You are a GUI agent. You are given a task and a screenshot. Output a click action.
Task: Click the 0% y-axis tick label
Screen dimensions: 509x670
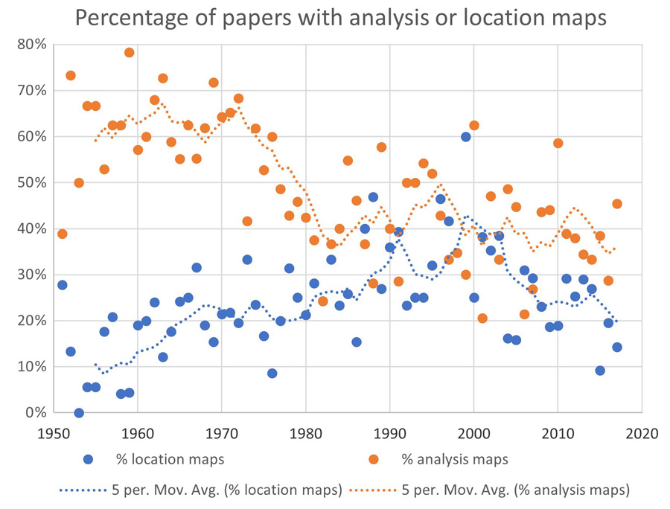click(35, 412)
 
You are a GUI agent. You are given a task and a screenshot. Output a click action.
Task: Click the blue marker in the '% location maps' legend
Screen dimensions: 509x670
click(89, 459)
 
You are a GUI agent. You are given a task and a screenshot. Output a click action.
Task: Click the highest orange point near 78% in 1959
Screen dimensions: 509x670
click(129, 53)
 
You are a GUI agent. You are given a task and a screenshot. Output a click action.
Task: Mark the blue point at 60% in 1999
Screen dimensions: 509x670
click(466, 137)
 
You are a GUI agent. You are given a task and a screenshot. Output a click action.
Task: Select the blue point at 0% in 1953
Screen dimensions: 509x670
click(79, 413)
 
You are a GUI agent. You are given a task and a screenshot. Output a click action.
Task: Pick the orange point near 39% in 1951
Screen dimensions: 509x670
click(62, 234)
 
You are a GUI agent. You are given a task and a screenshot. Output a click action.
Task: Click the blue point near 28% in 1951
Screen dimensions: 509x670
click(62, 285)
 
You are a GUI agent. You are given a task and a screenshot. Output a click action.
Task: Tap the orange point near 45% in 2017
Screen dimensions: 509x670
click(617, 204)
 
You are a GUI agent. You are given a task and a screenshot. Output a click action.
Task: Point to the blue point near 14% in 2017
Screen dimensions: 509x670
click(617, 347)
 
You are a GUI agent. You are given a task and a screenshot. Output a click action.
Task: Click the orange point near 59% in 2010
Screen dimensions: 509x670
click(558, 143)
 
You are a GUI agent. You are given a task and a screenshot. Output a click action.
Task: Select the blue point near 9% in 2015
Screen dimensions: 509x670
click(600, 371)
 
